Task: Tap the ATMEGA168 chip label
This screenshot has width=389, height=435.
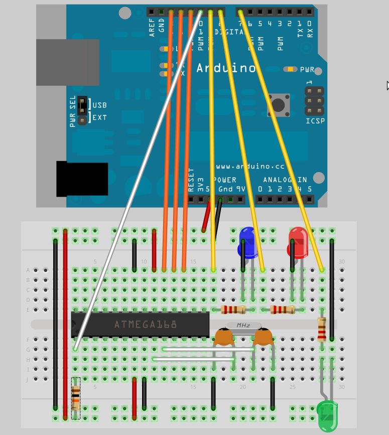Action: pyautogui.click(x=145, y=325)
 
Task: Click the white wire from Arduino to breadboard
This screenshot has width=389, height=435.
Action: pyautogui.click(x=136, y=186)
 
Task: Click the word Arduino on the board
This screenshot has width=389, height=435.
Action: pyautogui.click(x=226, y=68)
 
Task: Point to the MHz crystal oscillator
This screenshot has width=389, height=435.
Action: pyautogui.click(x=243, y=326)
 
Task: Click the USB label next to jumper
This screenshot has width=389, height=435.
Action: pyautogui.click(x=99, y=105)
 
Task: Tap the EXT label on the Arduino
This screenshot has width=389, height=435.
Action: pyautogui.click(x=99, y=117)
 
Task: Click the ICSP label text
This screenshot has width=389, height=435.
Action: pyautogui.click(x=315, y=121)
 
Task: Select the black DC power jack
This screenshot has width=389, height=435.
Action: pyautogui.click(x=82, y=179)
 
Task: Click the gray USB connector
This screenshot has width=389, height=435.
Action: pyautogui.click(x=67, y=62)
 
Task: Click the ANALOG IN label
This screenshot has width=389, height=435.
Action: pyautogui.click(x=285, y=179)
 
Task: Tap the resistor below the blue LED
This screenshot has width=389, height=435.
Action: pyautogui.click(x=233, y=310)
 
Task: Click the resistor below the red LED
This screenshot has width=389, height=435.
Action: pyautogui.click(x=282, y=310)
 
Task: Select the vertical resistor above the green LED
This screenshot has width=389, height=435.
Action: pyautogui.click(x=322, y=329)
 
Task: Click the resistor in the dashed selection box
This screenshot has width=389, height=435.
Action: pyautogui.click(x=76, y=398)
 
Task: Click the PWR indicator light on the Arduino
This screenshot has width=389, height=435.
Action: pyautogui.click(x=290, y=69)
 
